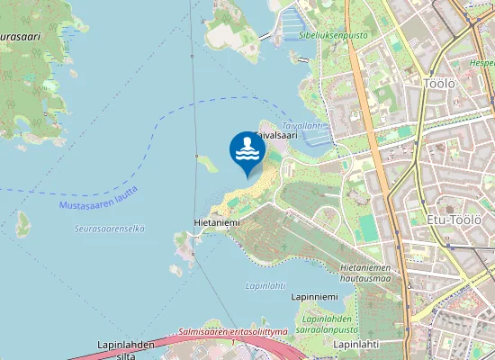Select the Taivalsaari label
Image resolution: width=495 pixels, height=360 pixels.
[x=275, y=135]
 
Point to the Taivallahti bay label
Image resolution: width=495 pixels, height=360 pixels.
[x=301, y=126]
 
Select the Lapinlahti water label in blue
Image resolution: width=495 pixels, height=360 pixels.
[x=265, y=285]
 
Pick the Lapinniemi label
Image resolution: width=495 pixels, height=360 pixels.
[x=314, y=297]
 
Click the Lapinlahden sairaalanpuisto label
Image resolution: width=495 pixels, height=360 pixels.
[x=330, y=324]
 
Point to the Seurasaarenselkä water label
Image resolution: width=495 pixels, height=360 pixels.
[x=109, y=229]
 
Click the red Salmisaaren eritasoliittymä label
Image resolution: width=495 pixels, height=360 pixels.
[x=233, y=332]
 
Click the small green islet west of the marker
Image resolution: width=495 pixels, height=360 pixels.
[x=208, y=164]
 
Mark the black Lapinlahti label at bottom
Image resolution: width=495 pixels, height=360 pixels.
[x=355, y=344]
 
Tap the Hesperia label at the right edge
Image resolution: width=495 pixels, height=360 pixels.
[x=482, y=64]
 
